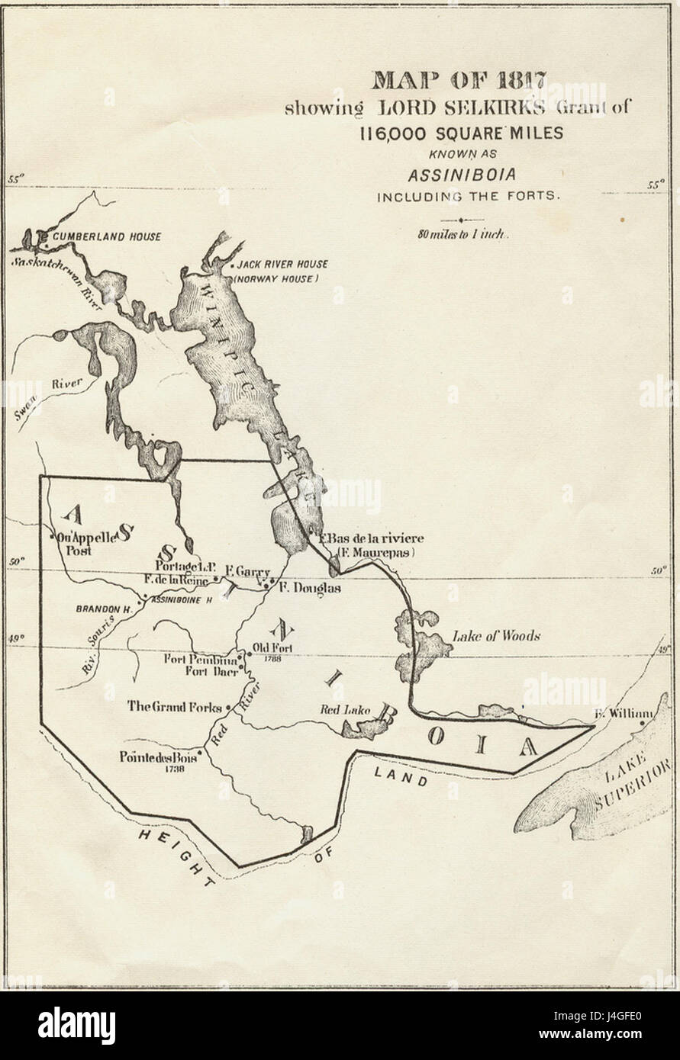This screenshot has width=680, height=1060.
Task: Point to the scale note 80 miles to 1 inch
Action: [x=462, y=234]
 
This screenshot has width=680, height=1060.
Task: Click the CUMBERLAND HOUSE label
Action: [x=106, y=237]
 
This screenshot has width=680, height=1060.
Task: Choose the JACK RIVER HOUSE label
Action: [x=282, y=264]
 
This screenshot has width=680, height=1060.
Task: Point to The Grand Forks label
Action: [x=174, y=706]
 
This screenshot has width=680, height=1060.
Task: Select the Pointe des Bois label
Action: [x=158, y=759]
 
